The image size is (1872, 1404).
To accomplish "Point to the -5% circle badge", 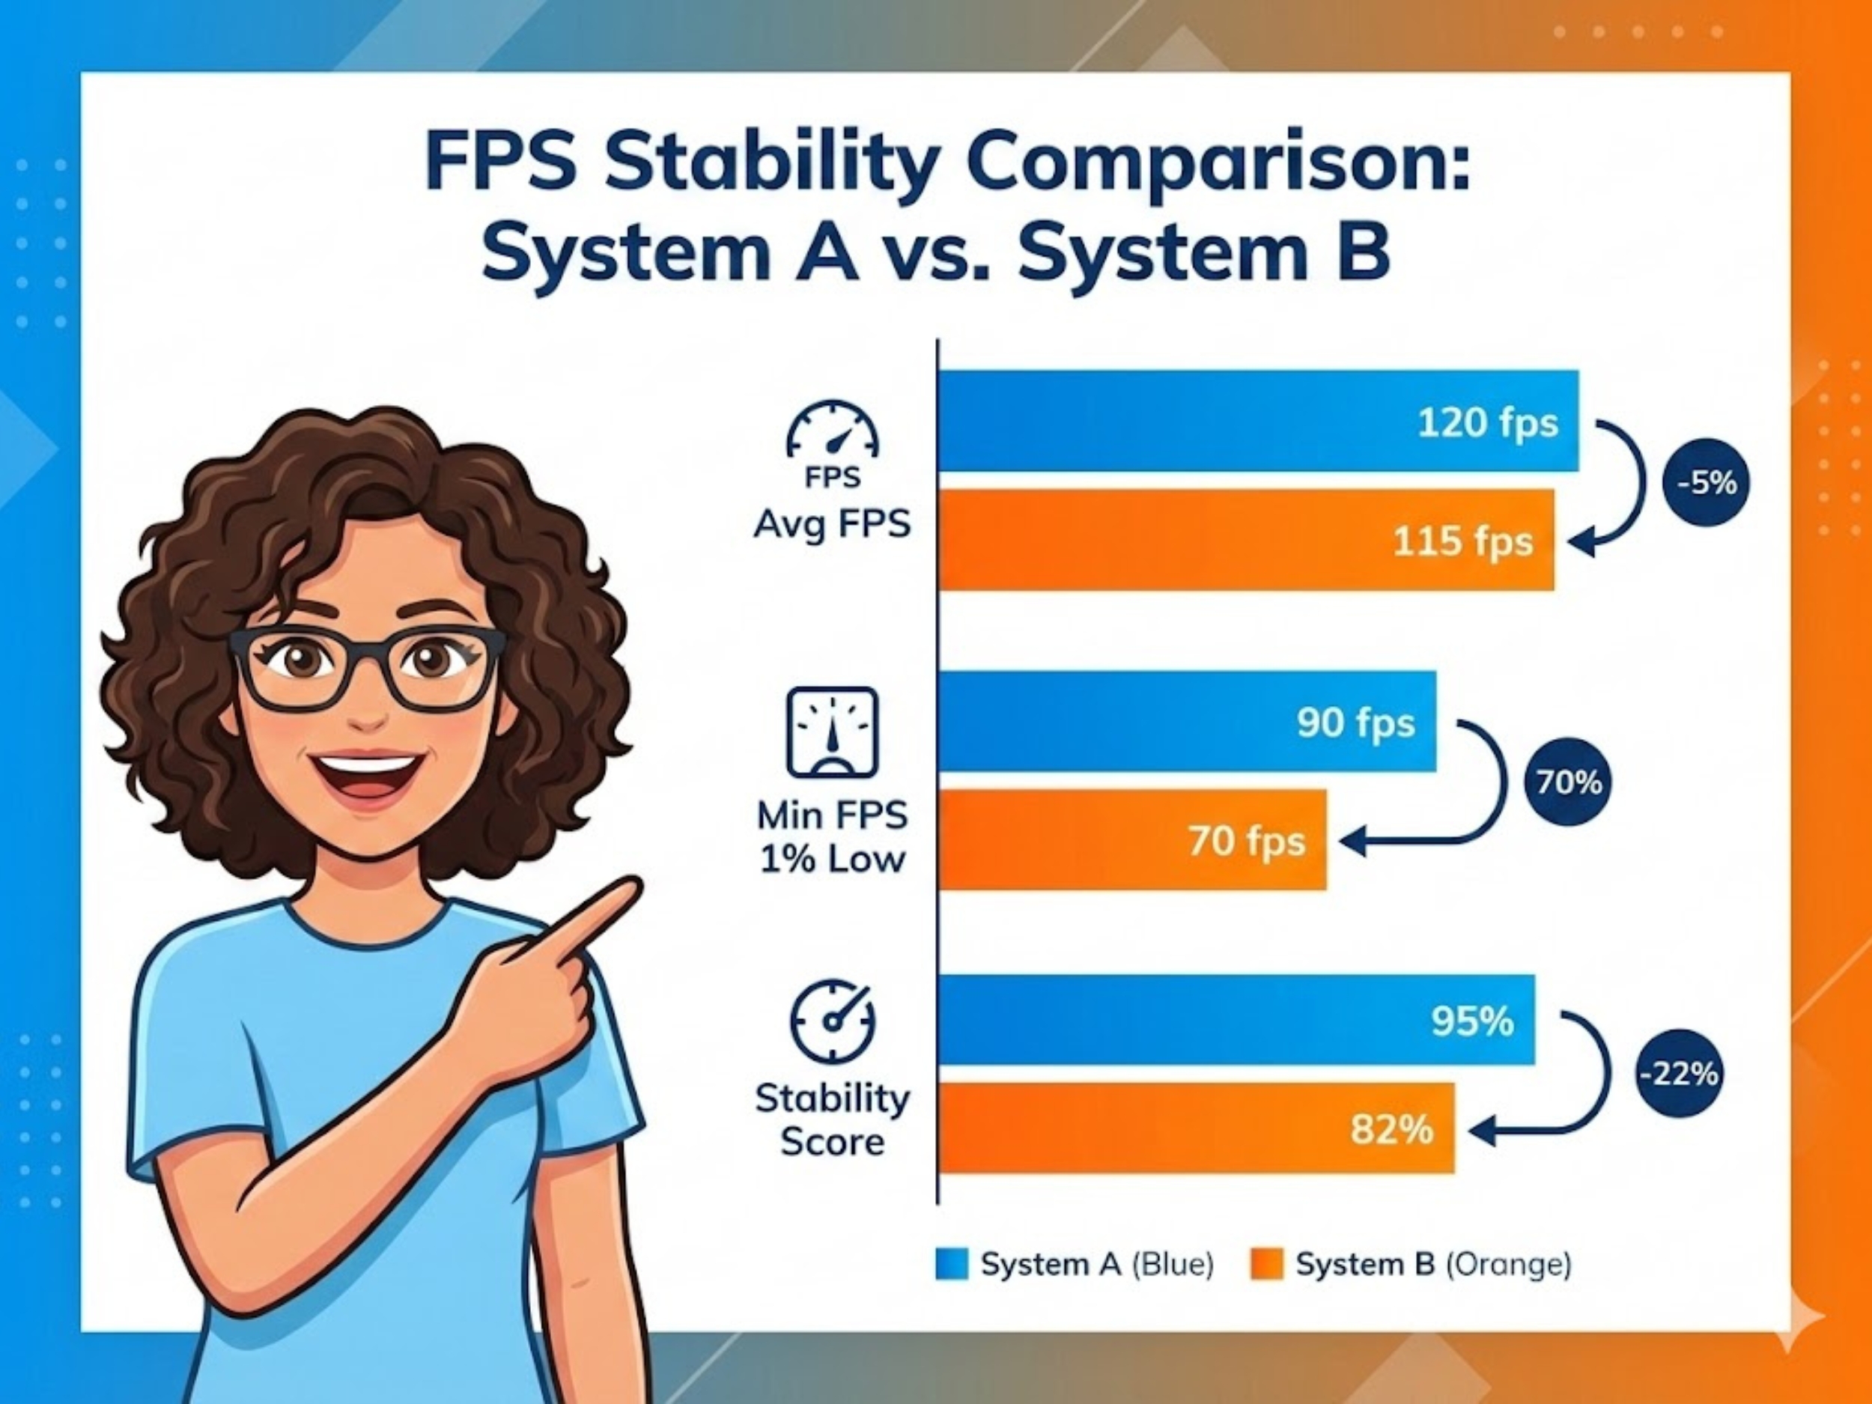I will tap(1706, 483).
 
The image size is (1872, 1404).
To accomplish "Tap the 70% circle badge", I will tap(1568, 782).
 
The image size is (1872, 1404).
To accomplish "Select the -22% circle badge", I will tap(1679, 1074).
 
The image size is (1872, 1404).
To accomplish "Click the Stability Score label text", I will tap(833, 1119).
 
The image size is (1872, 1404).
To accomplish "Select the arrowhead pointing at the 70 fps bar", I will tap(1352, 841).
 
